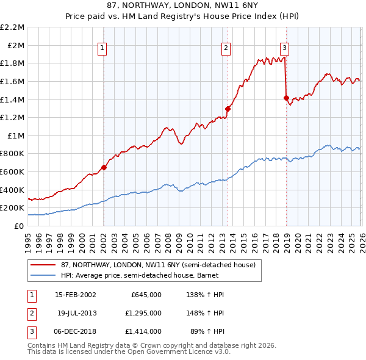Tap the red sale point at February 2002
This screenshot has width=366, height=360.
coord(104,167)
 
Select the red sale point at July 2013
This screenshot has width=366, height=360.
coord(228,109)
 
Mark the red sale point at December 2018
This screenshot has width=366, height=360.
coord(286,98)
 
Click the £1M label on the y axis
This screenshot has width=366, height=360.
coord(16,135)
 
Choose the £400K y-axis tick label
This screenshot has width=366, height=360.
coord(13,190)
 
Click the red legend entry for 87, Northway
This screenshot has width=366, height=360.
coord(152,264)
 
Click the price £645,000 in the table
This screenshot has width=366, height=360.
coord(146,294)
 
